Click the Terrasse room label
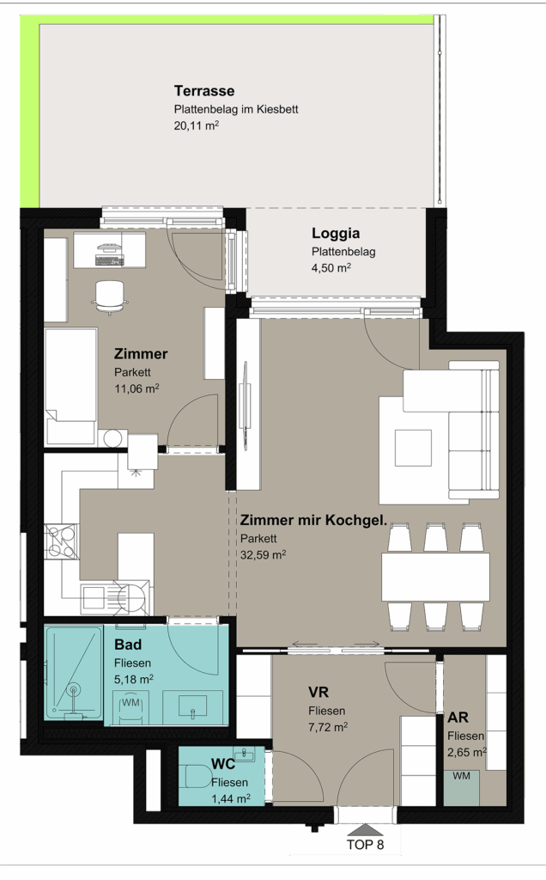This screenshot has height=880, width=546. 204,91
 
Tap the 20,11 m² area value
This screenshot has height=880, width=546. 197,125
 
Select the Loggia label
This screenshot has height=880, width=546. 336,234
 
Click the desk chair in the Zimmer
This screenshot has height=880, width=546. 110,296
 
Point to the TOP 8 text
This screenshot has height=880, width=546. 366,845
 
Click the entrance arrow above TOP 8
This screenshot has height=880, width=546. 365,830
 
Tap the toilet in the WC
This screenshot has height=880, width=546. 197,777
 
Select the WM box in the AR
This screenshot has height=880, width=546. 461,788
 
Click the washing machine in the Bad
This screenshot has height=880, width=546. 131,707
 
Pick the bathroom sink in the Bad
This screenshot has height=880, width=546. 192,707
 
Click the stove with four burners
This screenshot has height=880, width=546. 61,541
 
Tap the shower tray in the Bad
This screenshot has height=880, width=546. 74,674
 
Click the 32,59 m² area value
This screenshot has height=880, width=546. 264,555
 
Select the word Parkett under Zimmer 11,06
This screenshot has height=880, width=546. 132,372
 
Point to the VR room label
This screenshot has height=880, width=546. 318,692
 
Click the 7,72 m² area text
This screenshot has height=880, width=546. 328,727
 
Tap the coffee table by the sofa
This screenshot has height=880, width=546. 413,448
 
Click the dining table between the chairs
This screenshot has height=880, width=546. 435,577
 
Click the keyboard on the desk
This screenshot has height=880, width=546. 109,260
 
